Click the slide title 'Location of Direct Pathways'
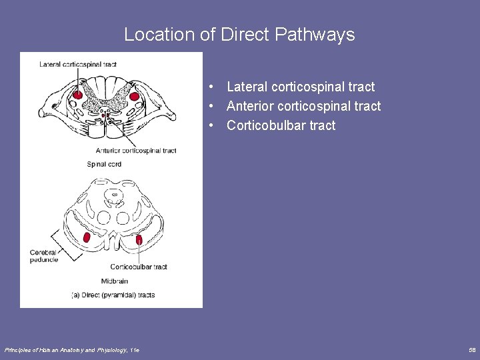coord(239,34)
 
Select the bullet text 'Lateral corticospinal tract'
coord(300,87)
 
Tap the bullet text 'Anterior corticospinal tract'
coord(303,106)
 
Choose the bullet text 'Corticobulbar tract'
coord(281,125)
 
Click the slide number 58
coord(472,350)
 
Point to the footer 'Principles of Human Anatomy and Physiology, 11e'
coord(72,350)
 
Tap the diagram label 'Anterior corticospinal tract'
coord(136,151)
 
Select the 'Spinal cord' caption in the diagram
coord(105,164)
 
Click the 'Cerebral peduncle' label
coord(44,256)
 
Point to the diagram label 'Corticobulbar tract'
coord(139,267)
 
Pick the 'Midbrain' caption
coord(115,281)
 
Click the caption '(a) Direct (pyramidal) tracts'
coord(113,295)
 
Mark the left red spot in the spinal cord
coord(78,95)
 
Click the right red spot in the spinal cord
coord(134,97)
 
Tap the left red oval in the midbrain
coord(87,237)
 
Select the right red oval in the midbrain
coord(139,239)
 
